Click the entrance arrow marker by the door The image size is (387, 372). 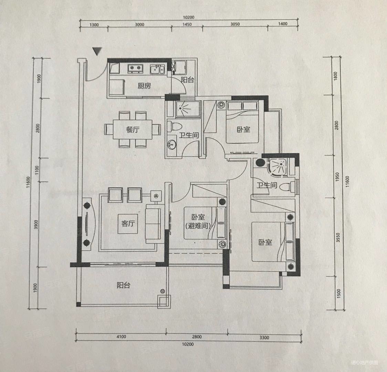pyautogui.click(x=97, y=51)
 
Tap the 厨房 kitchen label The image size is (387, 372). pyautogui.click(x=144, y=86)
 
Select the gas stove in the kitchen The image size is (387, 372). pyautogui.click(x=135, y=69)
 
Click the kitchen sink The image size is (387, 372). pyautogui.click(x=157, y=69)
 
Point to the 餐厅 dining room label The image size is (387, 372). pyautogui.click(x=133, y=130)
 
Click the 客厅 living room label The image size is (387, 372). pyautogui.click(x=128, y=223)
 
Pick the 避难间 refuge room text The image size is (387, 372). pyautogui.click(x=198, y=226)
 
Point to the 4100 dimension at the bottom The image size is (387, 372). pyautogui.click(x=121, y=336)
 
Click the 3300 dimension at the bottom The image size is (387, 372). pyautogui.click(x=264, y=338)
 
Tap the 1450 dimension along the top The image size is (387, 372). pyautogui.click(x=187, y=24)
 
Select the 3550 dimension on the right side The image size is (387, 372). pyautogui.click(x=338, y=237)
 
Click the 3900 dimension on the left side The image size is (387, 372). pyautogui.click(x=36, y=224)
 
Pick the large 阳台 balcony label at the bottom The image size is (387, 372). pyautogui.click(x=123, y=285)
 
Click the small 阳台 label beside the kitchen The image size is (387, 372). pyautogui.click(x=187, y=80)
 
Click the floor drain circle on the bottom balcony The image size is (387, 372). pyautogui.click(x=163, y=291)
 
